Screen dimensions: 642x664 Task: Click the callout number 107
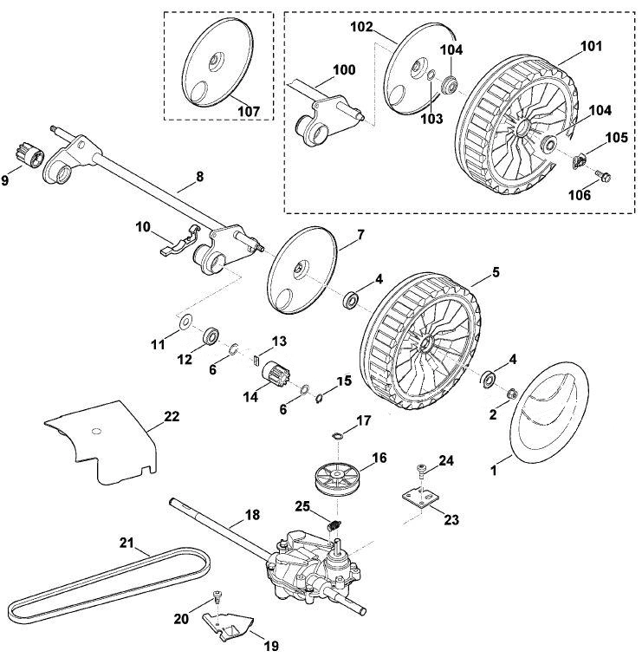click(x=249, y=111)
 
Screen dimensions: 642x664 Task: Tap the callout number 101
click(x=590, y=46)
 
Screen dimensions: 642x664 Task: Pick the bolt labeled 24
click(x=422, y=470)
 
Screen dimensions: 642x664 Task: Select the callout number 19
click(x=271, y=646)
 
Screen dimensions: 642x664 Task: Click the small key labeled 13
click(x=256, y=360)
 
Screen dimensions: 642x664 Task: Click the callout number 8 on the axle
click(x=199, y=177)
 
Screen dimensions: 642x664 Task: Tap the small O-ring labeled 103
click(x=431, y=75)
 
